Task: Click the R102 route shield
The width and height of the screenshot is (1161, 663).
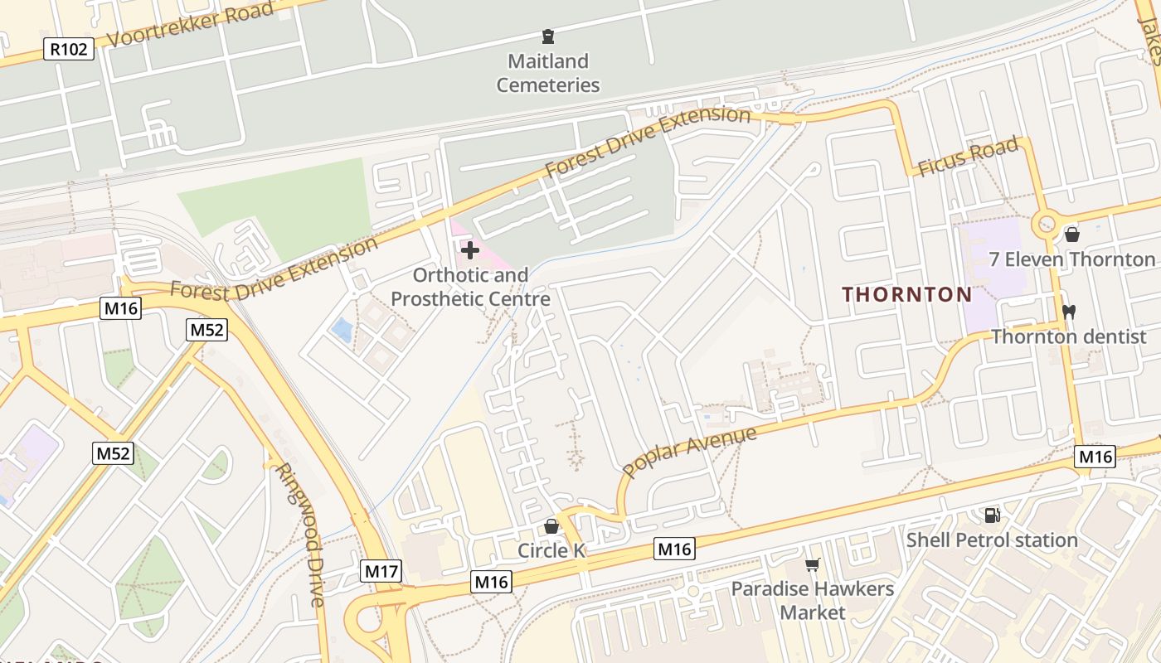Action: click(x=68, y=50)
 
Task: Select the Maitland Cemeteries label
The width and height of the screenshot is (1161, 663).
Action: click(x=547, y=73)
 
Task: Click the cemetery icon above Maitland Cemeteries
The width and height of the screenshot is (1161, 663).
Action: click(x=547, y=36)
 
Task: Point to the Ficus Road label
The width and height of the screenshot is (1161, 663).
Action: click(x=968, y=157)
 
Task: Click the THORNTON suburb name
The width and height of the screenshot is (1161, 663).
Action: click(x=907, y=294)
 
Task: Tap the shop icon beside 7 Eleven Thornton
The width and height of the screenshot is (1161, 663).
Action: click(x=1071, y=235)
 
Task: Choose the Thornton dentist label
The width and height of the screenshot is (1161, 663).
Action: click(x=1069, y=336)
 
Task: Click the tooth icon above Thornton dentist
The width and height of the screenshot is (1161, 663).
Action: click(x=1068, y=312)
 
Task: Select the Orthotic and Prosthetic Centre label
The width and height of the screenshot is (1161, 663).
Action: click(x=470, y=287)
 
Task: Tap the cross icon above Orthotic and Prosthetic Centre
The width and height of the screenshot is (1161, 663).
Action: click(x=469, y=249)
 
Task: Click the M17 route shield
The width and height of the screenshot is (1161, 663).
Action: click(x=381, y=570)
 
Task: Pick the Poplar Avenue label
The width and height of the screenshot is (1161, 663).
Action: click(x=689, y=452)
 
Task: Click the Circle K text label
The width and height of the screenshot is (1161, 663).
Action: click(x=551, y=550)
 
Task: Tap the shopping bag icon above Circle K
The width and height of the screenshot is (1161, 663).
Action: click(x=551, y=526)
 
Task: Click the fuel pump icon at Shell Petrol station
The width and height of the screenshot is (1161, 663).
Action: click(x=992, y=515)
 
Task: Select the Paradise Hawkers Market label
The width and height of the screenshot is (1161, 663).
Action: click(x=813, y=601)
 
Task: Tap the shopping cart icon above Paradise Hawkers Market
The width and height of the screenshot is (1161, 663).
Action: click(x=813, y=565)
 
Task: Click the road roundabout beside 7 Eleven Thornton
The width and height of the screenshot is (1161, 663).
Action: click(x=1046, y=224)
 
